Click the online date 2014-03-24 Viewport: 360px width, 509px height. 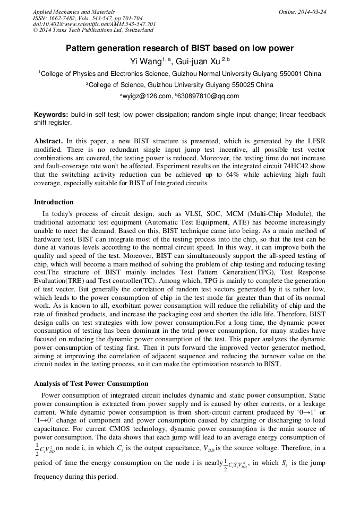coord(313,12)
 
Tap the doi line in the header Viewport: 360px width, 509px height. coord(94,24)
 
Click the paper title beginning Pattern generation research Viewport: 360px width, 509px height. coord(179,48)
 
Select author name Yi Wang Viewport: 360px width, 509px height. coord(145,62)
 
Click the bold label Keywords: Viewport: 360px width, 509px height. coord(51,115)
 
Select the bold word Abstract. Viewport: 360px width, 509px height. coord(48,141)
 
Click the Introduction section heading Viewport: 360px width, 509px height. coord(54,202)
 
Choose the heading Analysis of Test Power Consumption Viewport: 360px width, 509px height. coord(91,384)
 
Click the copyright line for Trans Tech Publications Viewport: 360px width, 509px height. coord(94,30)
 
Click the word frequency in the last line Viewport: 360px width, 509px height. coord(51,477)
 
